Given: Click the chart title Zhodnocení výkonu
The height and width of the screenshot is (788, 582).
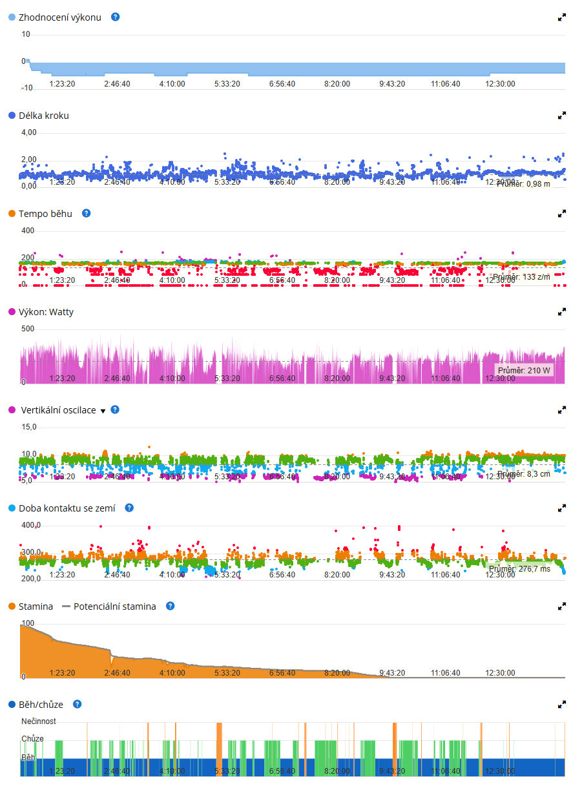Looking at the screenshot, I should coord(59,17).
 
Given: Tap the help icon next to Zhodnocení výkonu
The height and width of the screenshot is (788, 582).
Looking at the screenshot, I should coord(116,17).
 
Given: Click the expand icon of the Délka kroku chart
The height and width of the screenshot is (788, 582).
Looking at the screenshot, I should coord(562,116).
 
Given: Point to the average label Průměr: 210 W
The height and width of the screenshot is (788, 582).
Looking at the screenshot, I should coord(525,370).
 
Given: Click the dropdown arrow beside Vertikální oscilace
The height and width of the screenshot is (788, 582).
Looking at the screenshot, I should coord(103,411).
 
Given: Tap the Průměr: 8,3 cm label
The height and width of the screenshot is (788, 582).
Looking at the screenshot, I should coord(524,473).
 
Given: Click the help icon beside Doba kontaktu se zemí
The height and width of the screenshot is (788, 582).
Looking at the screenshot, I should coord(129,508).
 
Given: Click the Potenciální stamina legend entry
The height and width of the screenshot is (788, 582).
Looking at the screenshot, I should coord(114,607).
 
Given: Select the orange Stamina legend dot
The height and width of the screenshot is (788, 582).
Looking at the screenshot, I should coord(12,607).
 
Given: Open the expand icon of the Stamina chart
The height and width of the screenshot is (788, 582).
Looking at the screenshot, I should coord(562,607).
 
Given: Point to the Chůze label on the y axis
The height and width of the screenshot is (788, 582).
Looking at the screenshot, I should coord(33,738).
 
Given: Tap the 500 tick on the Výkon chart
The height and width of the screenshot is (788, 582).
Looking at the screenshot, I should coord(28,329).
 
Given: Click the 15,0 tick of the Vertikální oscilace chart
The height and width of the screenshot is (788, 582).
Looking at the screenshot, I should coord(29,427).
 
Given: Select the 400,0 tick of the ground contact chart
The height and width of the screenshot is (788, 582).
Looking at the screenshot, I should coord(30,525).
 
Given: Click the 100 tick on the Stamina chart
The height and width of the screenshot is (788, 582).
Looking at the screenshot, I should coord(28,623).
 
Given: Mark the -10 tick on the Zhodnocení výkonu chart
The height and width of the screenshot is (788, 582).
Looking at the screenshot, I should coord(26,88).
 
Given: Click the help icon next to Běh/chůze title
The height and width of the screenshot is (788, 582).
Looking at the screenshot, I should coord(78,704).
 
